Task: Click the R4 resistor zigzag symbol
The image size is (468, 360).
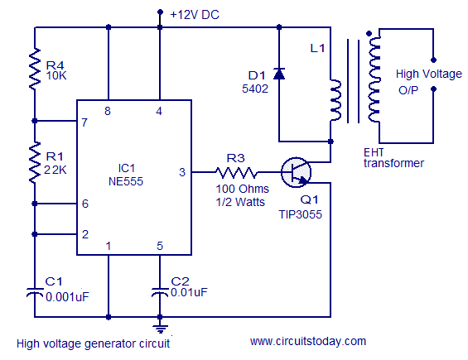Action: tap(35, 69)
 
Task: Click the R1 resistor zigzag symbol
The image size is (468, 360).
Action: tap(35, 162)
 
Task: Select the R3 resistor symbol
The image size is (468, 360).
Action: tap(236, 172)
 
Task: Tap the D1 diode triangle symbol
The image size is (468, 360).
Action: tap(279, 74)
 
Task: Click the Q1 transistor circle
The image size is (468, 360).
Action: tap(296, 172)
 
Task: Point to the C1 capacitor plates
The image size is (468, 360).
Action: tap(35, 292)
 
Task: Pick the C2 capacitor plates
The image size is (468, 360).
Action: tap(160, 292)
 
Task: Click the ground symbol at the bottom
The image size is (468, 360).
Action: tap(160, 329)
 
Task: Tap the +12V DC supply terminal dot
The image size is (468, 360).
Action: tap(160, 12)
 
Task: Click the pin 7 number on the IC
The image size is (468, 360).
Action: tap(84, 122)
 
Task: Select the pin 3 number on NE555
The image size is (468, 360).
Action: tap(182, 172)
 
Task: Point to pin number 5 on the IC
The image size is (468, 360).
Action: tap(160, 246)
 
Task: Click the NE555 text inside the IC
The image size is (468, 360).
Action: tap(126, 181)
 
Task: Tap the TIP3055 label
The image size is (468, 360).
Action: tap(300, 214)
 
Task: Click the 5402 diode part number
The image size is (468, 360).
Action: tap(255, 89)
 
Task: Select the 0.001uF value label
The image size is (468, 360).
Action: tap(67, 297)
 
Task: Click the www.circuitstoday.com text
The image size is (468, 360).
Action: tap(308, 341)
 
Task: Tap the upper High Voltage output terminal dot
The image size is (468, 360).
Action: tap(434, 60)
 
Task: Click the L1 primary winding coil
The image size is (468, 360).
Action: tap(335, 100)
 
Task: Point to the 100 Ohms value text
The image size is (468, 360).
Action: tap(242, 189)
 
